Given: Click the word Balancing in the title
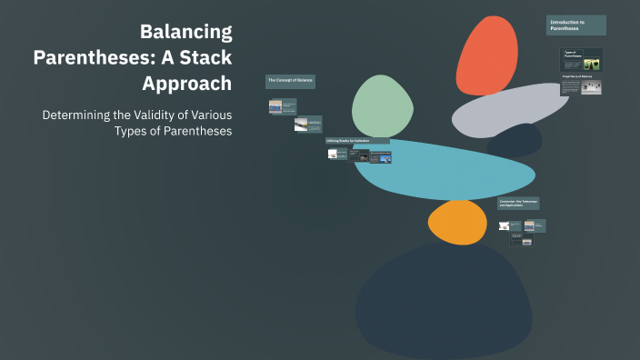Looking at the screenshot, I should (x=185, y=33).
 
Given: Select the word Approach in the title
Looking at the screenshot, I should (x=187, y=84).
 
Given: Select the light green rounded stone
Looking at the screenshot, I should (x=383, y=105).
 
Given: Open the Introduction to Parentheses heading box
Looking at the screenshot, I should (x=576, y=25).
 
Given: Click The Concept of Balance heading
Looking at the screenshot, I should (x=290, y=82).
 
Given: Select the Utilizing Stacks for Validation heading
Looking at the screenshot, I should (x=357, y=142).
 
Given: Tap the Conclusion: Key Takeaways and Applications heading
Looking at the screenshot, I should (x=518, y=204).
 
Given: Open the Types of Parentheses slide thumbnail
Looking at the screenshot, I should (x=581, y=60).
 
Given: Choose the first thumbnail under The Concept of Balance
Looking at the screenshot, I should (x=282, y=106).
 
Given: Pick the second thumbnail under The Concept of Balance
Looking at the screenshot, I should (x=307, y=125).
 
